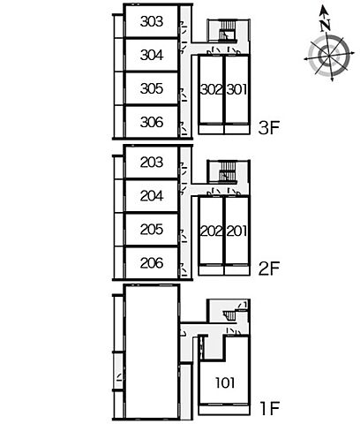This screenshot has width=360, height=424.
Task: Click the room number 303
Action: coord(152,21)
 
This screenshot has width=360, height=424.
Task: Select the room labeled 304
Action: coord(152,55)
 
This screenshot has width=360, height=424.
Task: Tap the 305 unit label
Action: coord(152,88)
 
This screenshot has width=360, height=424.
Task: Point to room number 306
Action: coord(152,122)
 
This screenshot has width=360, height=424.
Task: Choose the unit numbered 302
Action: coord(212,89)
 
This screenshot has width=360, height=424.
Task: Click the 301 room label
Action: coord(236,89)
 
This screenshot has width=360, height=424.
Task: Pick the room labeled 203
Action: coord(152,163)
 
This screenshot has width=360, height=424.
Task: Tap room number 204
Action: coord(152,196)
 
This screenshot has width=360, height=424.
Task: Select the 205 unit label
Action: coord(152,230)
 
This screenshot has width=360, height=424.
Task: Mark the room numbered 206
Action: coord(152,263)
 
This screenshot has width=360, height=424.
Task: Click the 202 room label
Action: coord(212,231)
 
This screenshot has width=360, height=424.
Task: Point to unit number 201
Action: coord(236,231)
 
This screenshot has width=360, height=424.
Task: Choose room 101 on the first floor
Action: coord(225,382)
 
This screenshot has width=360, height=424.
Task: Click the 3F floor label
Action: coord(268,128)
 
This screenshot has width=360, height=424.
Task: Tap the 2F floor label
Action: coord(268,269)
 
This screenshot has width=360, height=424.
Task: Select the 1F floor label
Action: coord(270,408)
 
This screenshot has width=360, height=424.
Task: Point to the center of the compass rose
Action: coord(328,56)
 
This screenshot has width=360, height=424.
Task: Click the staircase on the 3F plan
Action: coord(228,30)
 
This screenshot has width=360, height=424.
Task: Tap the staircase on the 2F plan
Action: coord(228,171)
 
